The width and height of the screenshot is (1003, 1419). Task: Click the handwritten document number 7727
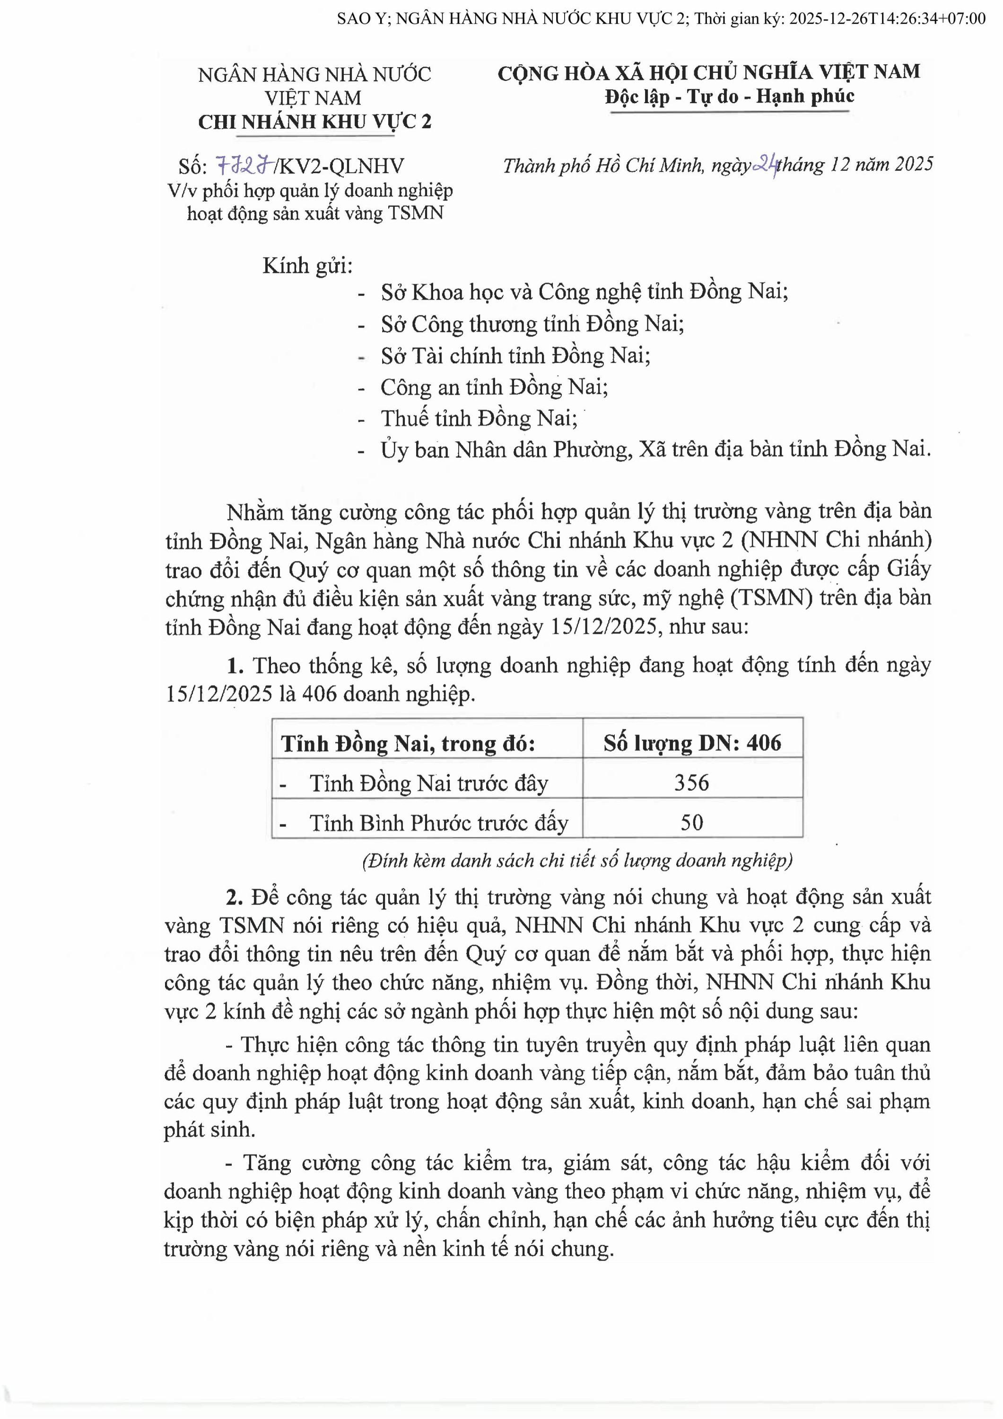(x=245, y=166)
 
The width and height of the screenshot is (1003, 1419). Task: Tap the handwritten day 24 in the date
(x=766, y=165)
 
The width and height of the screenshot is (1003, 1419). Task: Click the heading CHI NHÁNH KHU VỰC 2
(x=314, y=122)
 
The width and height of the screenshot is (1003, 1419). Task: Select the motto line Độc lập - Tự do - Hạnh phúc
(x=729, y=96)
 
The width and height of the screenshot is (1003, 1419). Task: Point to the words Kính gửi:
(x=307, y=266)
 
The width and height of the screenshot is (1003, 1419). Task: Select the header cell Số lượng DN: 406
(x=692, y=742)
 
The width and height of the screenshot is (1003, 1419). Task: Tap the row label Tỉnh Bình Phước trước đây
(x=438, y=823)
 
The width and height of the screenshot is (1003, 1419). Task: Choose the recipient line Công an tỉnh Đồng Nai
(x=494, y=387)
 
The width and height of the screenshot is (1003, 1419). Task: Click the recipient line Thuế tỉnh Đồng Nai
(x=479, y=419)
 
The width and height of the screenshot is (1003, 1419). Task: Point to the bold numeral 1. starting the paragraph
(x=235, y=666)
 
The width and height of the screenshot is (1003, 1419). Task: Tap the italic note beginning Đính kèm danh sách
(x=577, y=860)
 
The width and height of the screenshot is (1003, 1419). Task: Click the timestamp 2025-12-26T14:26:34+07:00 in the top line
(x=888, y=18)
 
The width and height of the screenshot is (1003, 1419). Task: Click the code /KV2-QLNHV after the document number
(x=339, y=166)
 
